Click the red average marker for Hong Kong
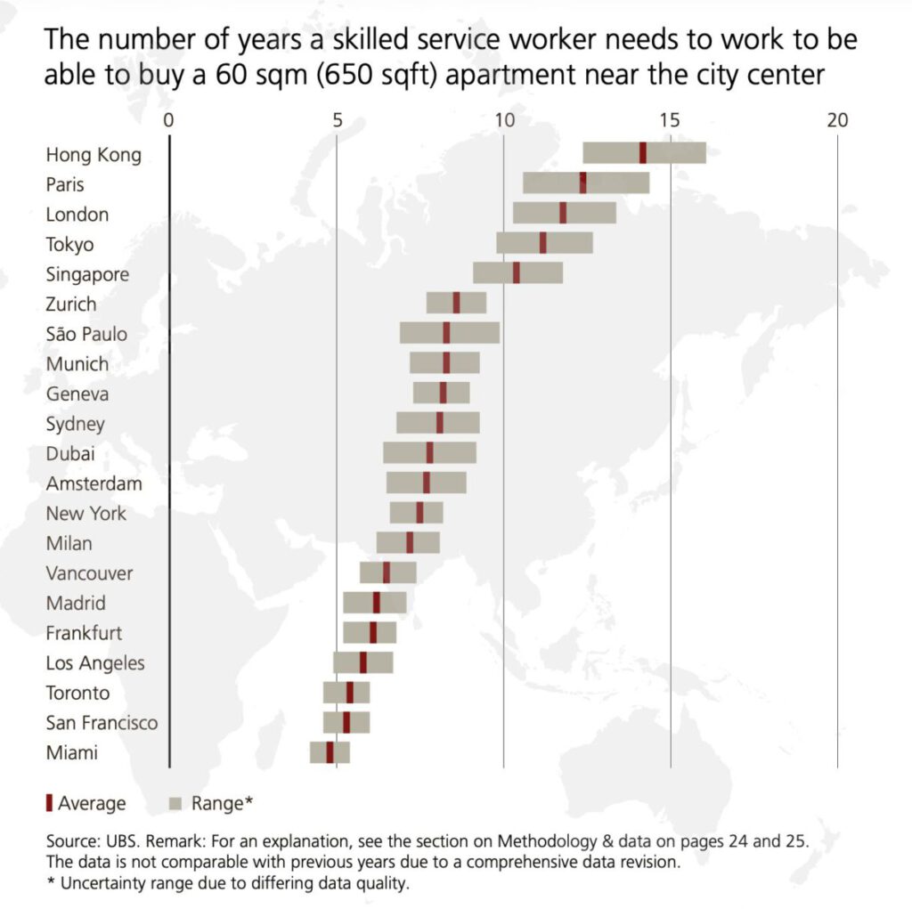click(x=643, y=153)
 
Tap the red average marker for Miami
click(x=330, y=752)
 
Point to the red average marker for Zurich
click(x=457, y=303)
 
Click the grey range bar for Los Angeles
click(x=379, y=662)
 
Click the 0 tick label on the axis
click(x=169, y=120)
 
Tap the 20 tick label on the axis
click(x=837, y=120)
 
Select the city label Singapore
click(x=87, y=274)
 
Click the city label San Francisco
click(x=102, y=722)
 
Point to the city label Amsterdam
click(x=94, y=483)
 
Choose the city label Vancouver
click(x=89, y=573)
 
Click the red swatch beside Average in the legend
click(x=49, y=803)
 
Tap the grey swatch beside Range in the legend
click(x=175, y=803)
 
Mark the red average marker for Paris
click(x=582, y=183)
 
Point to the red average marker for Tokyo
click(x=542, y=243)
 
